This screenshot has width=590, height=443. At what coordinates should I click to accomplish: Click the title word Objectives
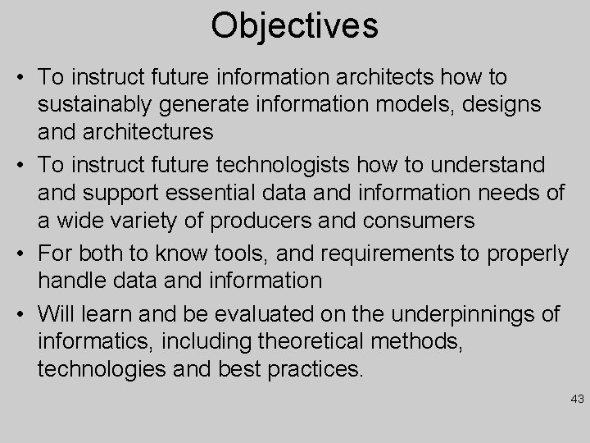294,25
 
